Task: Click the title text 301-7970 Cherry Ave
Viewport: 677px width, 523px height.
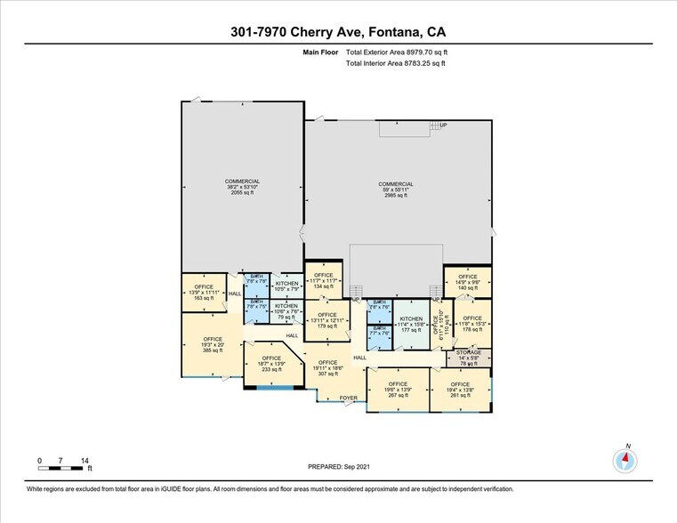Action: pyautogui.click(x=338, y=33)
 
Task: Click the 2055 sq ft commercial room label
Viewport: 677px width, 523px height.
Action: pyautogui.click(x=242, y=187)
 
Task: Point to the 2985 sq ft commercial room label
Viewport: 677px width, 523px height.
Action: pyautogui.click(x=397, y=189)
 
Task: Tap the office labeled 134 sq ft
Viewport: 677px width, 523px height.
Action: pyautogui.click(x=323, y=281)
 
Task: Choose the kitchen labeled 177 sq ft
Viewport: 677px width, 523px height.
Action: pyautogui.click(x=411, y=324)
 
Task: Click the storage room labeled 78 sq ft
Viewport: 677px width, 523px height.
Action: pyautogui.click(x=469, y=358)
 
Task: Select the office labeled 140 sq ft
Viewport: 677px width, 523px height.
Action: pyautogui.click(x=468, y=283)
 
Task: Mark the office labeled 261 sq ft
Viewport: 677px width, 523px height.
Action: pyautogui.click(x=459, y=390)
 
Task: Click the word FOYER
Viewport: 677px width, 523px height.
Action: pyautogui.click(x=349, y=398)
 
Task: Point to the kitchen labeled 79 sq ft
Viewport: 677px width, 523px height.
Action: pyautogui.click(x=286, y=311)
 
